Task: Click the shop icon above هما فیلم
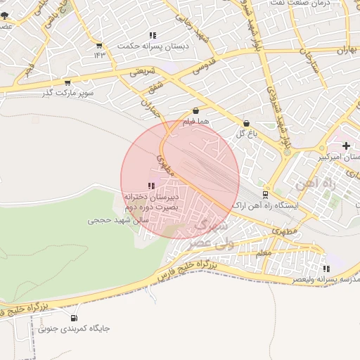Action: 195,110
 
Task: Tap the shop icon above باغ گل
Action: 245,123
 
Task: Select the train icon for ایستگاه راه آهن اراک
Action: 265,194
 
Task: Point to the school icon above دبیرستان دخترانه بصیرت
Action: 152,186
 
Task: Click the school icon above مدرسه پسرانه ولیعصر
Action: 326,269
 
